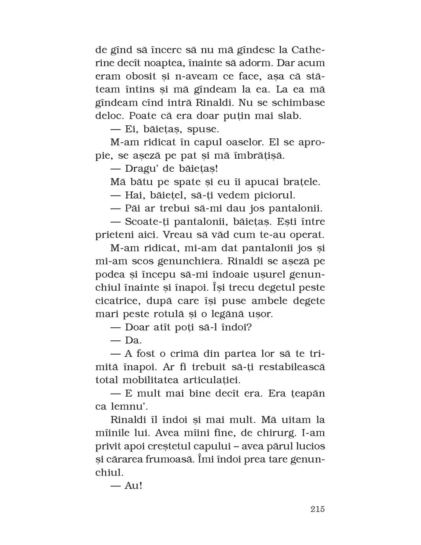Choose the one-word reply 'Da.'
point(134,340)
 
